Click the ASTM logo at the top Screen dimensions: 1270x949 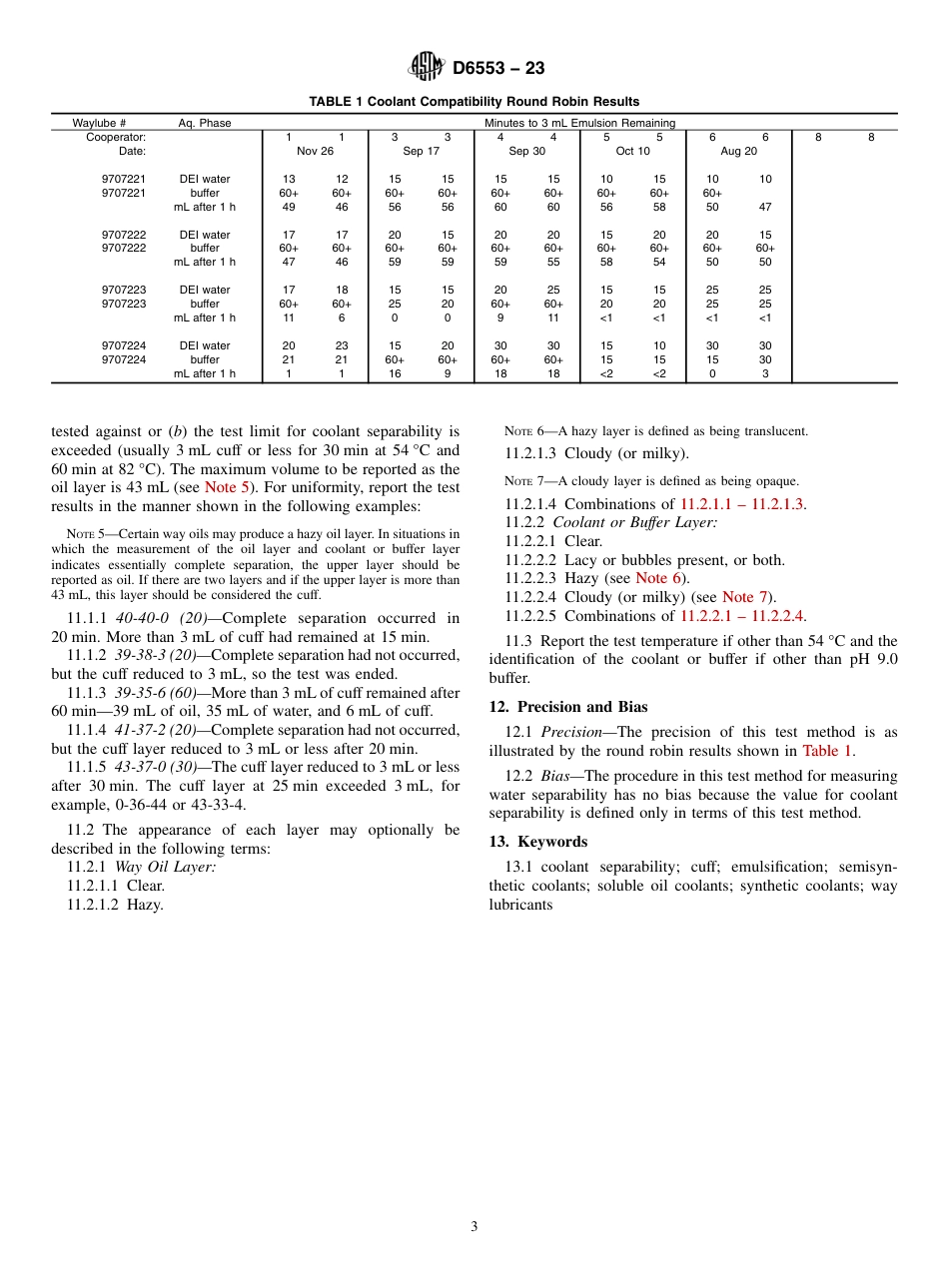tap(427, 67)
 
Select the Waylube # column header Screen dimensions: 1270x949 tap(99, 123)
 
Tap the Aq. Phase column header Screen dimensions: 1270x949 tap(205, 123)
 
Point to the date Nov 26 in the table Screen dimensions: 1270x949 tap(315, 151)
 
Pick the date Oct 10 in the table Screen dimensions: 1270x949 tap(632, 151)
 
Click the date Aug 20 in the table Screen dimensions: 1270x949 tap(738, 151)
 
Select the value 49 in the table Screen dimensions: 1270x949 tap(288, 207)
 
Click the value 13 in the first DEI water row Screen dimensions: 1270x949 tap(288, 180)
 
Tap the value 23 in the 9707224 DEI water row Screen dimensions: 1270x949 tap(342, 345)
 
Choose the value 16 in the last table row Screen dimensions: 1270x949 tap(394, 373)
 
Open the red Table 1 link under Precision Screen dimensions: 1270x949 tap(827, 751)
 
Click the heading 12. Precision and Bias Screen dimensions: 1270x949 tap(565, 707)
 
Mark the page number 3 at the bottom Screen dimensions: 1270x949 tap(474, 1226)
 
